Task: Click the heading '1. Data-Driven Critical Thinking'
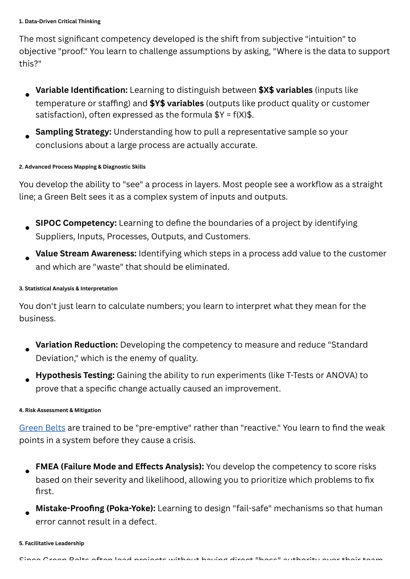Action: coord(60,21)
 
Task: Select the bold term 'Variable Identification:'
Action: coord(81,90)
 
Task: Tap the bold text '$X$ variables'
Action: coord(285,90)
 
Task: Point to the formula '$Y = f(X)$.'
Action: coord(234,115)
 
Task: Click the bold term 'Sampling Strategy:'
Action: coord(73,132)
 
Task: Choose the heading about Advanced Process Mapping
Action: coord(82,167)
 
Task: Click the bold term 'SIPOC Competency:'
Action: coord(76,223)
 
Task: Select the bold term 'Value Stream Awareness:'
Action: coord(86,254)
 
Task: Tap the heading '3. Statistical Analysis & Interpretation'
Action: coord(68,288)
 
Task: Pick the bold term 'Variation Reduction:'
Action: coord(76,345)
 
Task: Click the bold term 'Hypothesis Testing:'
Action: coord(75,375)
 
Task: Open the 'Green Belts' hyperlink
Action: coord(42,428)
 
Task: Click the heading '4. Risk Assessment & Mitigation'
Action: coord(60,410)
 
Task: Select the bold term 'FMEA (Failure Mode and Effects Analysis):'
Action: coord(120,467)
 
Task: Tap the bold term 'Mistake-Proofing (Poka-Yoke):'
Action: coord(95,508)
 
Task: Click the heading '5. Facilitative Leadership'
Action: coord(51,543)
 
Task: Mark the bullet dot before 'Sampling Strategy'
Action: coord(27,136)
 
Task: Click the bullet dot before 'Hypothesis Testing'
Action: coord(27,380)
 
